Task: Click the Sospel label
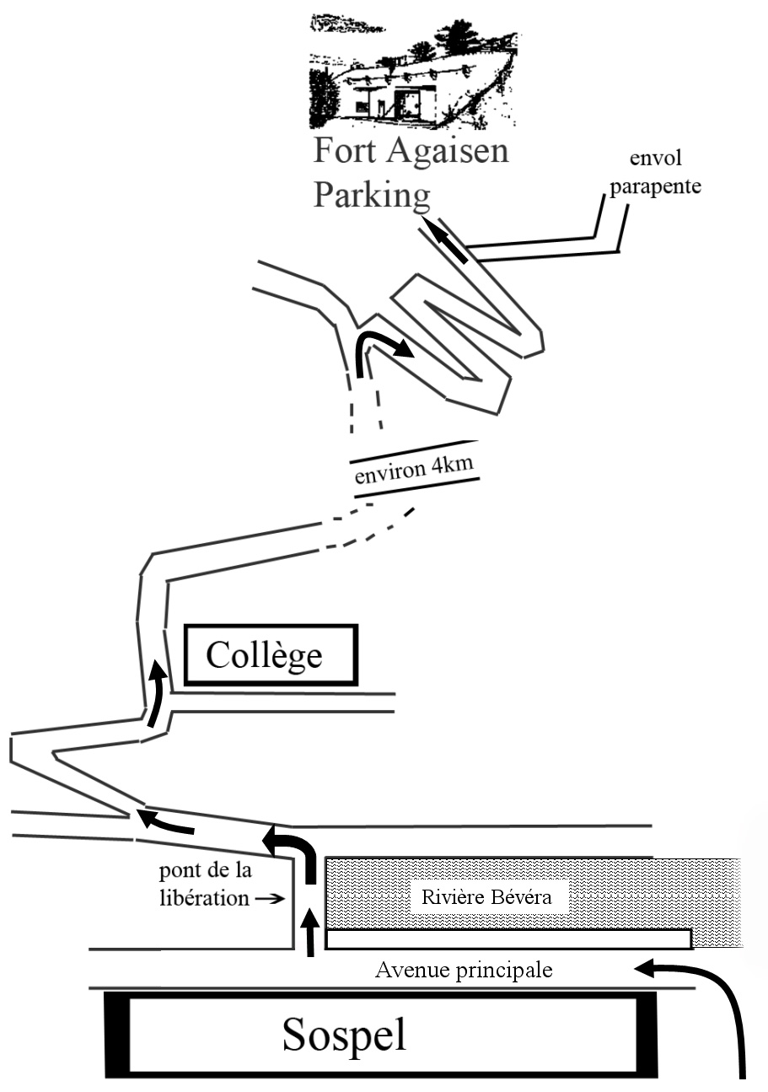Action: [x=344, y=1034]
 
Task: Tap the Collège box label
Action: [x=264, y=654]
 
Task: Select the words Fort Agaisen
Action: [x=411, y=152]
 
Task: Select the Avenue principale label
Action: [x=464, y=970]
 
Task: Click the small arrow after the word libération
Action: [x=270, y=899]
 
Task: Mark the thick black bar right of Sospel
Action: [x=646, y=1035]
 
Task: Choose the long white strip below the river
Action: [x=508, y=939]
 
